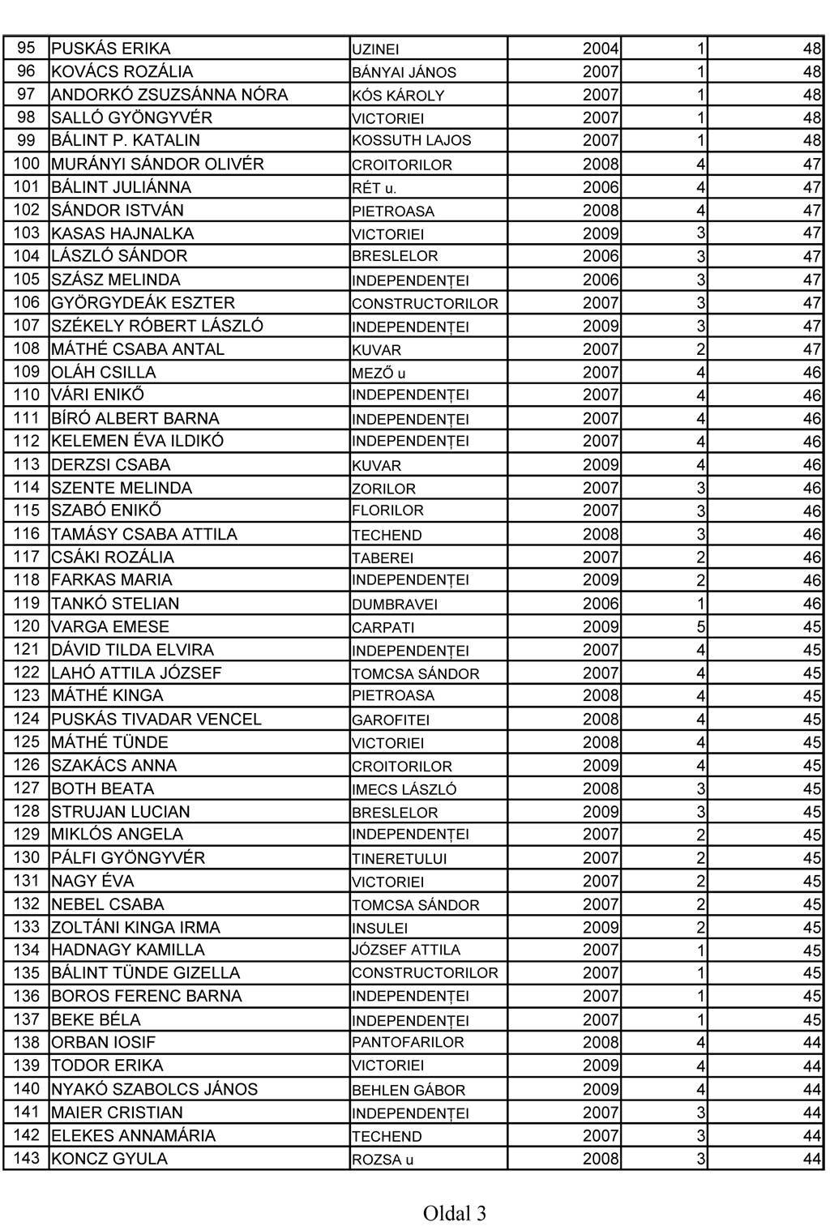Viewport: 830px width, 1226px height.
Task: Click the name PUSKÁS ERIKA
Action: (111, 49)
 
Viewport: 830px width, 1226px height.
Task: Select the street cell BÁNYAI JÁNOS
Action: (404, 72)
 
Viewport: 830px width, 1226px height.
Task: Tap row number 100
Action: (26, 164)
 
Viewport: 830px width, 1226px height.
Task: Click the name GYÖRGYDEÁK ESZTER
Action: (143, 303)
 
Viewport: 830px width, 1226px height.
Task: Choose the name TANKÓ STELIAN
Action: (115, 604)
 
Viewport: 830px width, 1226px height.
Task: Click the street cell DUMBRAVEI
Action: (395, 604)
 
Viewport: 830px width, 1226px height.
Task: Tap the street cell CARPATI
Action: (383, 627)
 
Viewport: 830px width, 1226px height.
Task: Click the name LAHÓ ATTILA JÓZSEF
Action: (136, 673)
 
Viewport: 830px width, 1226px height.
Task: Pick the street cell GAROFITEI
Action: (391, 720)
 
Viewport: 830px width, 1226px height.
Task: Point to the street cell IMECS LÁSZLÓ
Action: (404, 789)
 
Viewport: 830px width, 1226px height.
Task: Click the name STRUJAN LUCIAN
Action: (121, 812)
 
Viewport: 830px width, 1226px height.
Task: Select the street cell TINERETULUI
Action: (399, 859)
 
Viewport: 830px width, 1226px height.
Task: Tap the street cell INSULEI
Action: (379, 928)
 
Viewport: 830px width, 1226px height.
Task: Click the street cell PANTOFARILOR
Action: (408, 1043)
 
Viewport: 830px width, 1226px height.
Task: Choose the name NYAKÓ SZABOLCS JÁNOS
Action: (154, 1089)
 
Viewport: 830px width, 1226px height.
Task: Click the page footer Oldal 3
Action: (454, 1213)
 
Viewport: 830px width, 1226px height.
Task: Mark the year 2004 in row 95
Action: (601, 49)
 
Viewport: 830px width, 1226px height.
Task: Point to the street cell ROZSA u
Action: (382, 1160)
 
